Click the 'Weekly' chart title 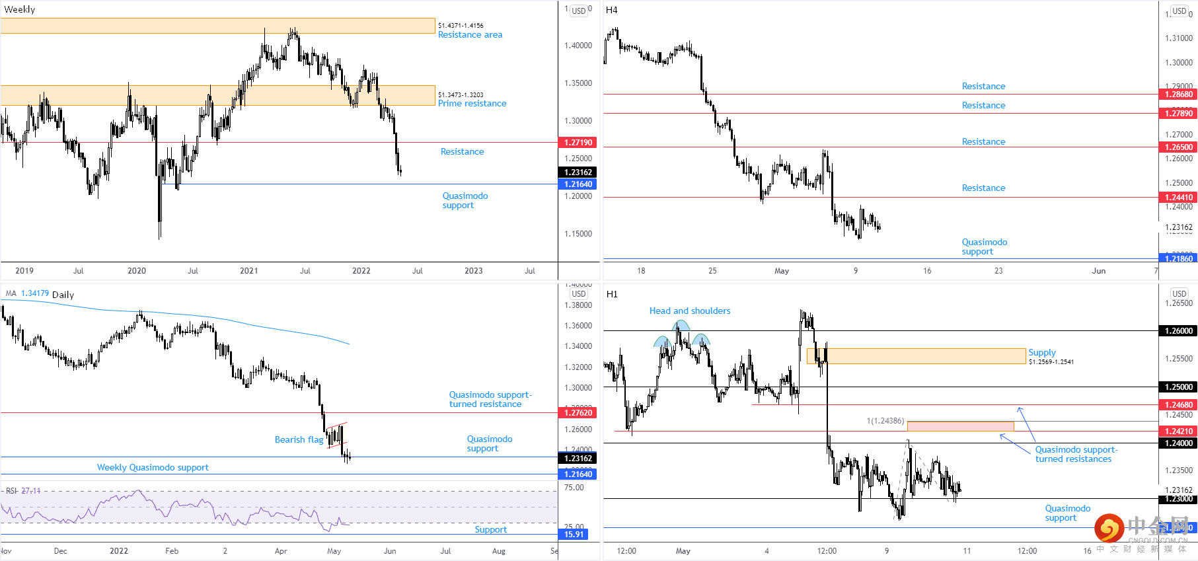click(20, 9)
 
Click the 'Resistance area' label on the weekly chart click(470, 35)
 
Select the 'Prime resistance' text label click(472, 104)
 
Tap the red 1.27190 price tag click(578, 143)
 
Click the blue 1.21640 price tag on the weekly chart click(578, 184)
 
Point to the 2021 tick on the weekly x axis click(249, 271)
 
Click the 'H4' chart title click(611, 10)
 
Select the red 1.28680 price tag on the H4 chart click(1178, 94)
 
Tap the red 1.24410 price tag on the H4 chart click(1178, 198)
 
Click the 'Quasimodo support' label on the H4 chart click(984, 247)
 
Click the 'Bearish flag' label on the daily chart click(299, 440)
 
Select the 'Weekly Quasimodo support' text click(153, 468)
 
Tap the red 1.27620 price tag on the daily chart click(578, 413)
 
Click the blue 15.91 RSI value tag click(574, 535)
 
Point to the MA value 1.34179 click(35, 293)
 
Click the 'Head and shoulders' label click(689, 311)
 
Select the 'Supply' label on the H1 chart click(1041, 353)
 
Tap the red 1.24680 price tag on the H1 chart click(1178, 405)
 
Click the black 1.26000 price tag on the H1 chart click(1178, 331)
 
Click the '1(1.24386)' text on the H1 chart click(885, 421)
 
